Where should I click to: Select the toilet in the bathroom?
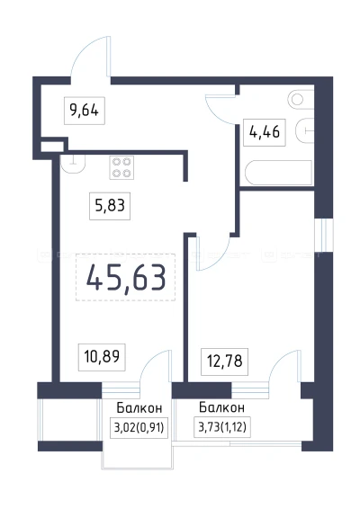click(296, 101)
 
